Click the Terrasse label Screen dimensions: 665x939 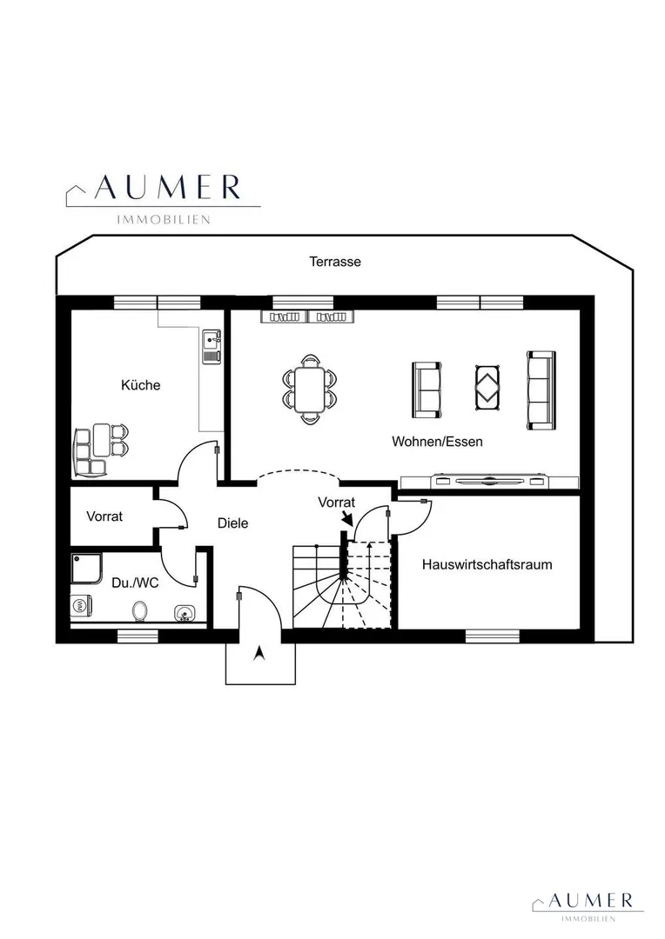[334, 262]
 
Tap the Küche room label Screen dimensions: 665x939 [141, 385]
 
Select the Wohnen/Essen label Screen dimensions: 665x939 [437, 442]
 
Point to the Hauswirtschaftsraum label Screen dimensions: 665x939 [487, 565]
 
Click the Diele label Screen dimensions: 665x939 [232, 523]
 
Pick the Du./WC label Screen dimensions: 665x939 [136, 583]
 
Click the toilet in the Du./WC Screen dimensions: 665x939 [140, 611]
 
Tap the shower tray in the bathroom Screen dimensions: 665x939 [86, 568]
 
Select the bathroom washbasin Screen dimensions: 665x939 [185, 613]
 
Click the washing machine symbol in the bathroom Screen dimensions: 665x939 [80, 605]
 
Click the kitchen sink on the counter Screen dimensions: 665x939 [212, 347]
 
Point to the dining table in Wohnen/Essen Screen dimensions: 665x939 [309, 390]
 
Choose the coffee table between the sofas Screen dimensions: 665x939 [488, 388]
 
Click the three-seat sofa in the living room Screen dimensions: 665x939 [541, 390]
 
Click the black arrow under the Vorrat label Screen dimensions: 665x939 [346, 518]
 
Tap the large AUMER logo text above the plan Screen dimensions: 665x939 [168, 188]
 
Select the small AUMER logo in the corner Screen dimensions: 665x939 [591, 900]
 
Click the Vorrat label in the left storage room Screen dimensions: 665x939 [104, 516]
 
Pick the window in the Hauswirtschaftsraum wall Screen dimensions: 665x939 [493, 636]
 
